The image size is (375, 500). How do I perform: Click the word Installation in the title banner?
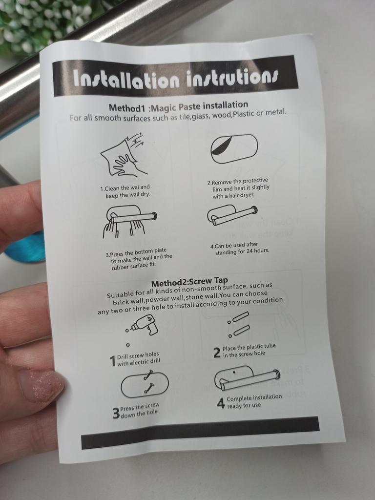[x=126, y=79]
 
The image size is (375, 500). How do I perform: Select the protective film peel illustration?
[x=234, y=149]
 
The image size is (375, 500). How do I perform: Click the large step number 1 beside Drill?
[x=112, y=361]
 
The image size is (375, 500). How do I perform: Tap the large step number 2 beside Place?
[x=217, y=353]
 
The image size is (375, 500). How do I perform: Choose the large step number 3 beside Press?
[x=116, y=413]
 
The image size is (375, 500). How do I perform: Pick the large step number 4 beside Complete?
[x=221, y=403]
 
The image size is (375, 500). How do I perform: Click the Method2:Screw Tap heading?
[x=190, y=282]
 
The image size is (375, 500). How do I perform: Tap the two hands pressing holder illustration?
[x=129, y=221]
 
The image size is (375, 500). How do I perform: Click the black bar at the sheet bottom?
[x=200, y=433]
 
